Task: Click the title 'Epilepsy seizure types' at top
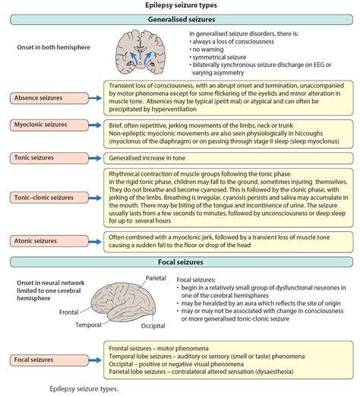pyautogui.click(x=180, y=5)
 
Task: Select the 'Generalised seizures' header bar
pyautogui.click(x=180, y=19)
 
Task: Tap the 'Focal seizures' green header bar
pyautogui.click(x=180, y=262)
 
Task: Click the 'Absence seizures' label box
pyautogui.click(x=47, y=97)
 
